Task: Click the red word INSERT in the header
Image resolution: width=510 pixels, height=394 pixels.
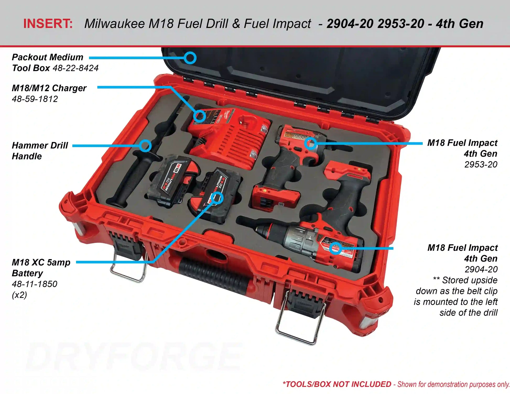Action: tap(48, 24)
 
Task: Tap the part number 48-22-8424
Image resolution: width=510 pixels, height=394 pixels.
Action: tap(75, 68)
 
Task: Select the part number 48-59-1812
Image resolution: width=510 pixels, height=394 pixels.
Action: tap(35, 99)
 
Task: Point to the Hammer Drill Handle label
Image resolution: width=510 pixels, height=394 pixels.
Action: tap(40, 151)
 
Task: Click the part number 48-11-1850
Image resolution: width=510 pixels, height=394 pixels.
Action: tap(35, 284)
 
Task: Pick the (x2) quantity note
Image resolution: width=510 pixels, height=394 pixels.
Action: tap(19, 295)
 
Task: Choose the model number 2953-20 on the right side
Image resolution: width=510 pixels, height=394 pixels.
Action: tap(481, 165)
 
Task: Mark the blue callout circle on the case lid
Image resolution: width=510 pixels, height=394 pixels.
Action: tap(190, 58)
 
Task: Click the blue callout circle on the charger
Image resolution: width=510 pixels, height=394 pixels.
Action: tap(199, 116)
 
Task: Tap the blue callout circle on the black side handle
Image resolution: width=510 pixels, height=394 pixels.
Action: tap(145, 146)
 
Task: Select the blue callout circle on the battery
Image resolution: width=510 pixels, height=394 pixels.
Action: tap(217, 198)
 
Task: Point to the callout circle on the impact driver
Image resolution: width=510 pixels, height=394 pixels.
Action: tap(311, 143)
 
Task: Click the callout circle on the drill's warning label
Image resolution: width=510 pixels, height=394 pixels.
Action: tap(335, 248)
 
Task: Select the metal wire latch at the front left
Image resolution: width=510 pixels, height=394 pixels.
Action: tap(128, 270)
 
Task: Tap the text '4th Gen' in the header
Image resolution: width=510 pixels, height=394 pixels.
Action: tap(460, 24)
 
